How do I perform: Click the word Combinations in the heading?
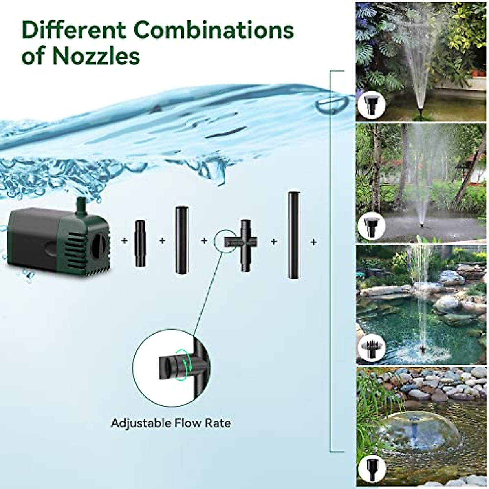214,30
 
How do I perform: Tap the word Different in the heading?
75,30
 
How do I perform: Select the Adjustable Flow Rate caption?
171,423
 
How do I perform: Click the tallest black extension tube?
293,235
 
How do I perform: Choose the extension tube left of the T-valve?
181,240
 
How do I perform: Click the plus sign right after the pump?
124,241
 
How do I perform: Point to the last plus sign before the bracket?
313,242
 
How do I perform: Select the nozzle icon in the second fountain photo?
370,225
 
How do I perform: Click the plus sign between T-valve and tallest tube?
273,242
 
